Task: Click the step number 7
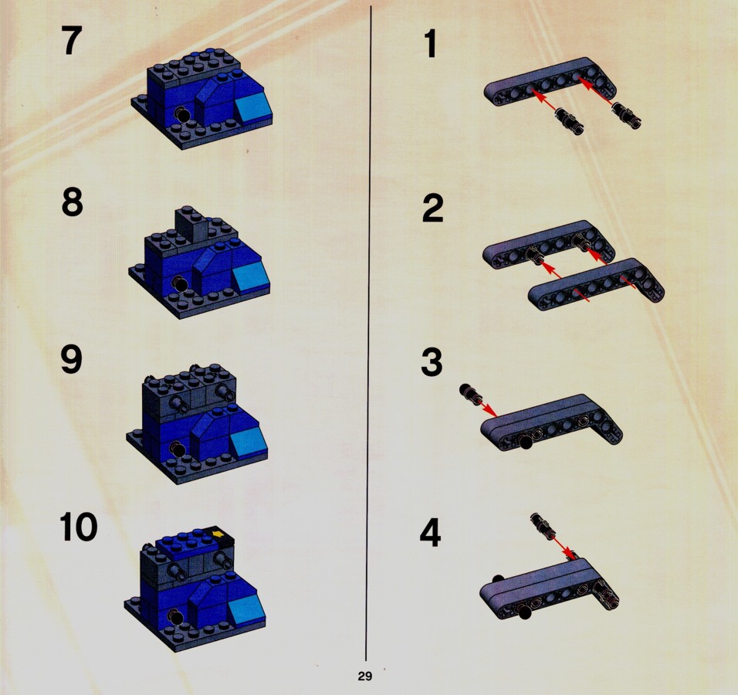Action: [x=72, y=40]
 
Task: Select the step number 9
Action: [x=72, y=360]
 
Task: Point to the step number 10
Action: [x=79, y=527]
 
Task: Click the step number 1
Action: [x=430, y=43]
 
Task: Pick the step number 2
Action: [x=433, y=208]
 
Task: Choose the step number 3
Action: [x=432, y=362]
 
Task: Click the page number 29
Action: [x=365, y=676]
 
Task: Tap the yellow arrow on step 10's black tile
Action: [x=218, y=534]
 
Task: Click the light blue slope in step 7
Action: [x=252, y=107]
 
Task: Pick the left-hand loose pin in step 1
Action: [x=569, y=120]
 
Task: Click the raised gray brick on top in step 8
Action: [x=191, y=224]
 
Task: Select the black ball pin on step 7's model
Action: [x=182, y=114]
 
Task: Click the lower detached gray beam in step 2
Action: [x=596, y=284]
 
